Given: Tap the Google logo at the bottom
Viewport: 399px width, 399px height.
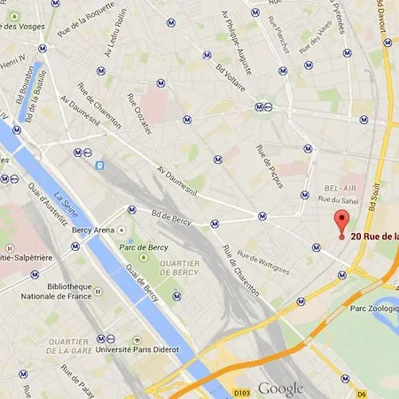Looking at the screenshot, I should click(x=280, y=388).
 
